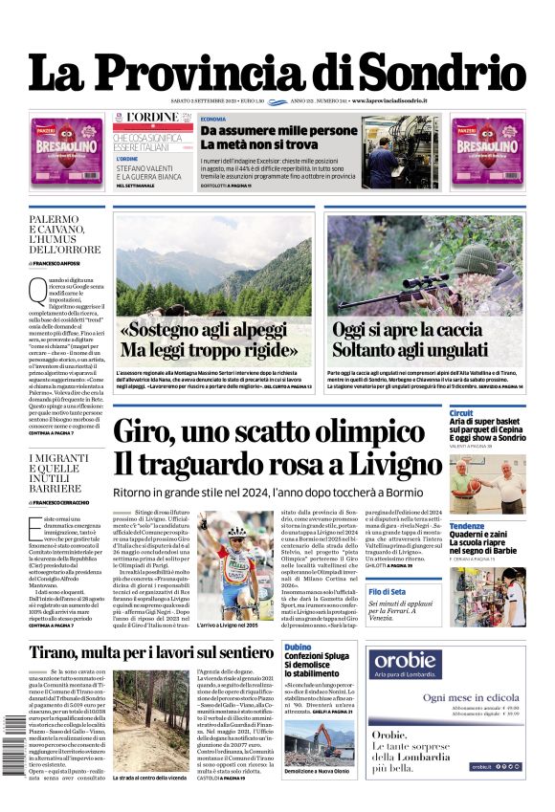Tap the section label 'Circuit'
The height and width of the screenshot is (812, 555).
click(x=461, y=412)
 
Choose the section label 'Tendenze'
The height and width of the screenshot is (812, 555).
click(x=466, y=526)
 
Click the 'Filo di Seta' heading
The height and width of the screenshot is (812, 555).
click(x=468, y=592)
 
